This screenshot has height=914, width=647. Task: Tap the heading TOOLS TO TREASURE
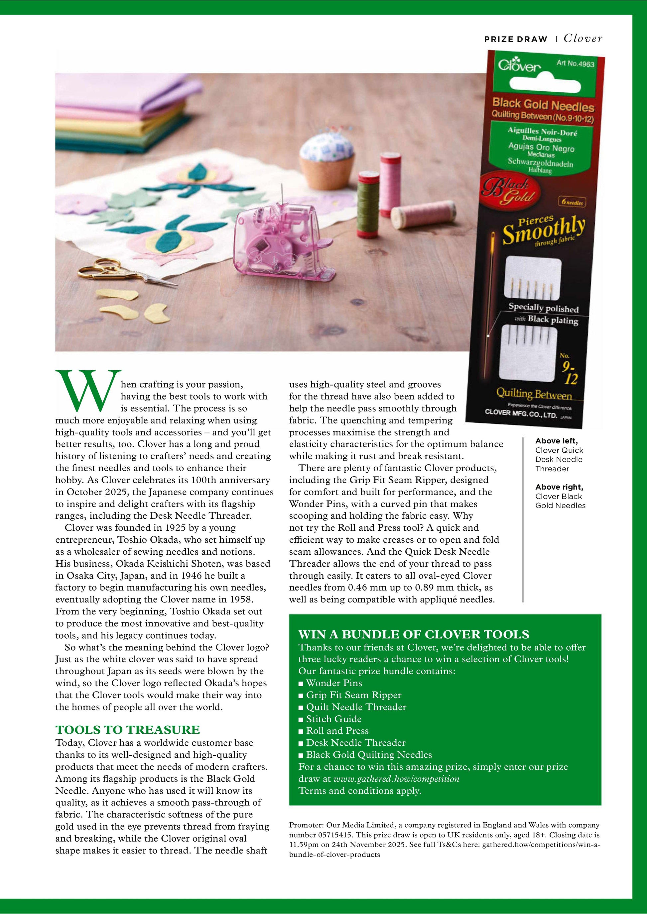click(x=127, y=730)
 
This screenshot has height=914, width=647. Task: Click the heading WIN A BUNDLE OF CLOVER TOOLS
click(x=414, y=634)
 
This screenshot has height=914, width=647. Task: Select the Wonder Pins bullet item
click(x=334, y=683)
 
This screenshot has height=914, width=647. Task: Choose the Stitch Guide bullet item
click(x=333, y=719)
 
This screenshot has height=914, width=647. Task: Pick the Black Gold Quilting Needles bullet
click(x=368, y=755)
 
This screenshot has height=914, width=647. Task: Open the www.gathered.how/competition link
click(x=396, y=778)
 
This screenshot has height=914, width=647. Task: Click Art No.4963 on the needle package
click(x=575, y=63)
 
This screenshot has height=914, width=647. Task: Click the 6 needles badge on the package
click(x=572, y=202)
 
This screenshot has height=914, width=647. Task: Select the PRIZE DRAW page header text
click(x=516, y=39)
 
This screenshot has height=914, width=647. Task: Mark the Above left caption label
click(x=556, y=441)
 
